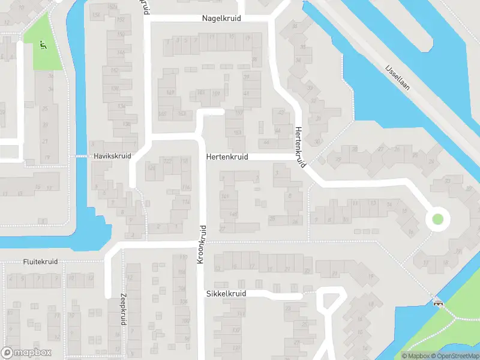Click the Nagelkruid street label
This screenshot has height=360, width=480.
(x=221, y=19)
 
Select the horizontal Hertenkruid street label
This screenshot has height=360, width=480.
(x=227, y=157)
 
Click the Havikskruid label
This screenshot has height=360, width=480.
(x=112, y=156)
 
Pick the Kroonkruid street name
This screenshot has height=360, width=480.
(x=202, y=244)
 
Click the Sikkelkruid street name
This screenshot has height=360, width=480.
(x=226, y=294)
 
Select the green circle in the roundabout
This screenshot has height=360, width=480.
(x=437, y=220)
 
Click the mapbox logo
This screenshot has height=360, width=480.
(x=26, y=353)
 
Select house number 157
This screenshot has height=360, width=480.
(x=238, y=112)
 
